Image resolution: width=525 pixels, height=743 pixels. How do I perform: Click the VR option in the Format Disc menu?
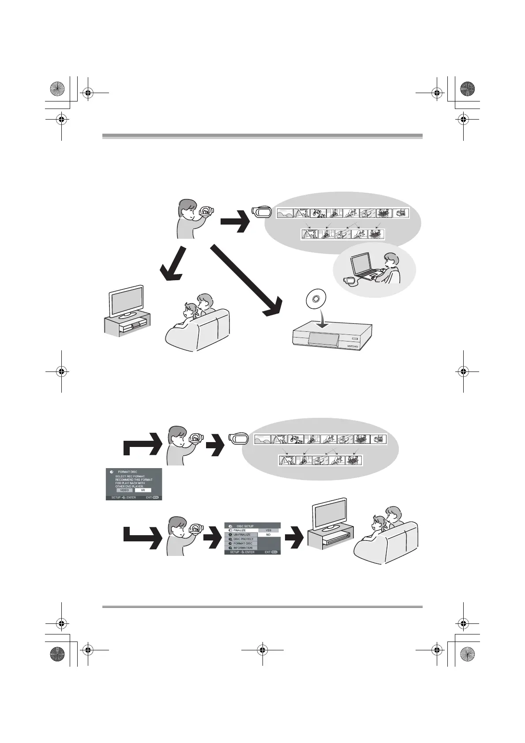click(143, 490)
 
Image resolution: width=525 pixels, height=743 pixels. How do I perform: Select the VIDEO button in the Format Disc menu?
click(124, 490)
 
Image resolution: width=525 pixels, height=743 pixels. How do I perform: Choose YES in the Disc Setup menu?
click(268, 530)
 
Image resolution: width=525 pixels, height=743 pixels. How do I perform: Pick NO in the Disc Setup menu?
click(268, 535)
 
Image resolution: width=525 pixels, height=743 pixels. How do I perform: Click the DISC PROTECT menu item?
click(243, 539)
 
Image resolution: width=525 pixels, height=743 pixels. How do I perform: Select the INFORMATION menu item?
click(243, 548)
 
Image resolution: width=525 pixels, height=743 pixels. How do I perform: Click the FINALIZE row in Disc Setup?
click(241, 530)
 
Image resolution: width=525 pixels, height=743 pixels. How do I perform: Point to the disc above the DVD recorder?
click(315, 299)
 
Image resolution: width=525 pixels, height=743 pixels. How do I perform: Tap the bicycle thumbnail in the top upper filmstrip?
click(318, 214)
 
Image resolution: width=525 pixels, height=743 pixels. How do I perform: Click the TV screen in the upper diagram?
click(127, 301)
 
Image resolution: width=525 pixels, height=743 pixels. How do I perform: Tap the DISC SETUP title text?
click(245, 526)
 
